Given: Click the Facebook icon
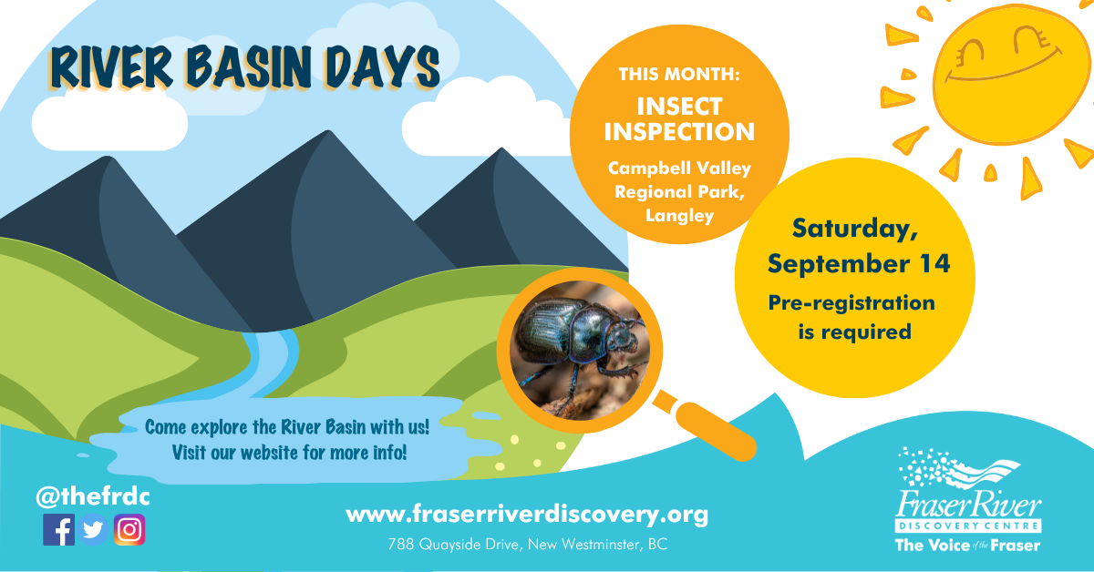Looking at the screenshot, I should (58, 529).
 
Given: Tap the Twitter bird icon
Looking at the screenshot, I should (93, 529).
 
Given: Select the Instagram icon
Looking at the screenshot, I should (129, 529).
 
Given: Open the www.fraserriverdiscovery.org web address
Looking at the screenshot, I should (527, 515).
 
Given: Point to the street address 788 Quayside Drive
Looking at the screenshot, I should (527, 546).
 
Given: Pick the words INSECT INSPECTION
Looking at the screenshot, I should (679, 119).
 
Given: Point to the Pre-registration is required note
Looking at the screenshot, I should (853, 316).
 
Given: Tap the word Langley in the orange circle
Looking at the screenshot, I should (679, 216).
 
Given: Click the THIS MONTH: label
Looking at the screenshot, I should (679, 74).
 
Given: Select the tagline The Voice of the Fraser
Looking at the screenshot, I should (966, 546).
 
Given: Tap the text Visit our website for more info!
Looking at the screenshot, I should (289, 452).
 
